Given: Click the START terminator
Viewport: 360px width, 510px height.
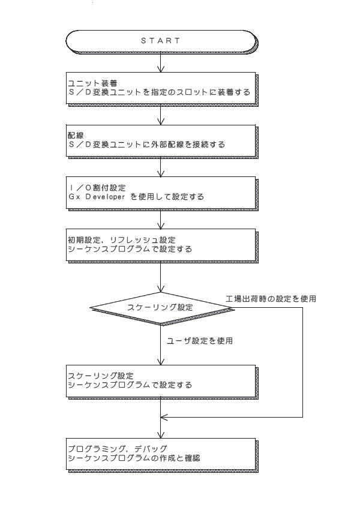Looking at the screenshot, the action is coord(161,41).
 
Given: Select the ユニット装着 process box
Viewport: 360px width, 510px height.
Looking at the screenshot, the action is coord(161,88).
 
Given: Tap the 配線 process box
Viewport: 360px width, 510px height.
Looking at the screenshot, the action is coord(161,141).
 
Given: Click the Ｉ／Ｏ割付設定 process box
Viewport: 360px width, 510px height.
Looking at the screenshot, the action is coord(161,193).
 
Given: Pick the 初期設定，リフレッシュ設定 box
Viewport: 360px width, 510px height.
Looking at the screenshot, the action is coord(161,245).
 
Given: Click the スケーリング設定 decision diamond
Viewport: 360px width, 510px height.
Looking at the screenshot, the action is coord(161,308).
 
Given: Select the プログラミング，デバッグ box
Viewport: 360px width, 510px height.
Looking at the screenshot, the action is coord(161,454).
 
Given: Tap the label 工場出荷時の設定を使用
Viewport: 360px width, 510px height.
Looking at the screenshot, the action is coord(271,299).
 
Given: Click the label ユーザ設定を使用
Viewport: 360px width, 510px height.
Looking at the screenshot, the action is coord(200,341).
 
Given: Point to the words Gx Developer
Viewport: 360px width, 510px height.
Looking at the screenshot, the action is coord(97,197).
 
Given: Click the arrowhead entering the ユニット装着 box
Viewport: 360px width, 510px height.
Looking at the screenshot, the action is coord(161,69).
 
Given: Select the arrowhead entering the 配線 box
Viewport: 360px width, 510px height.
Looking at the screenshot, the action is coord(161,122).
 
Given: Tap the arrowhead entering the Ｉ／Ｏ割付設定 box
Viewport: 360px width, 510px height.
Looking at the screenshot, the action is coord(161,173).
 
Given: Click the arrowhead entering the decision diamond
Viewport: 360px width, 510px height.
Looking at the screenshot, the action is coord(161,289).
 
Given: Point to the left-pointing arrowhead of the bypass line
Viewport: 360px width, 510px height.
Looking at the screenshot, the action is coord(164,417).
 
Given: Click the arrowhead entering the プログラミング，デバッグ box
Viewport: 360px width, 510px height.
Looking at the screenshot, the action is coord(161,435).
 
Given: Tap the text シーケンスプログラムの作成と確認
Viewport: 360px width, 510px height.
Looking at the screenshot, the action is coord(134,458).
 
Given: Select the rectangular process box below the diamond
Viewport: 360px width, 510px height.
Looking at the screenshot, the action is coord(161,382).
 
